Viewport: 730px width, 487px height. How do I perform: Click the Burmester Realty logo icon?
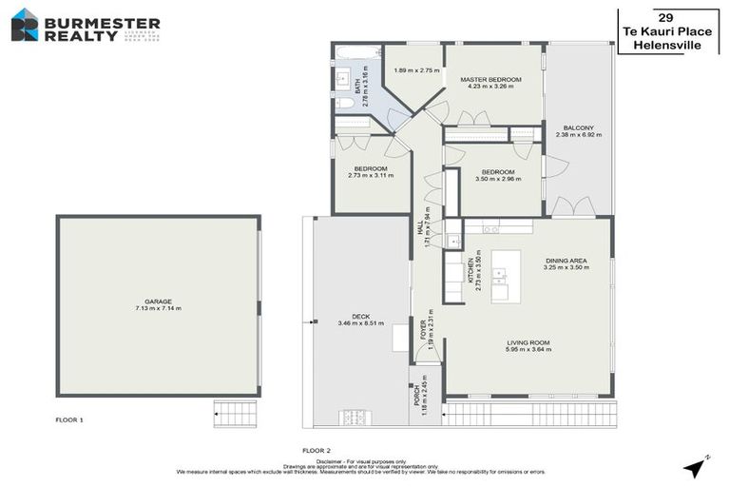point(25,24)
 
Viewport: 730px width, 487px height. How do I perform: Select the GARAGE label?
point(158,301)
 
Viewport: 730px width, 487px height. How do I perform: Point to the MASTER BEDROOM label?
point(490,79)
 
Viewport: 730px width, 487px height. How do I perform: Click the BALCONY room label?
point(578,127)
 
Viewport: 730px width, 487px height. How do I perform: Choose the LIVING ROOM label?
point(528,342)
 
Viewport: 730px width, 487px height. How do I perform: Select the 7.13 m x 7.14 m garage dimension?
point(158,308)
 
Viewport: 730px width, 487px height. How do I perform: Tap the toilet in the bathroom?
point(346,102)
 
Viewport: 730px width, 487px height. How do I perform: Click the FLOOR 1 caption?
point(69,419)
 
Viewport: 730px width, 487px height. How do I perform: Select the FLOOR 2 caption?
point(316,449)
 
